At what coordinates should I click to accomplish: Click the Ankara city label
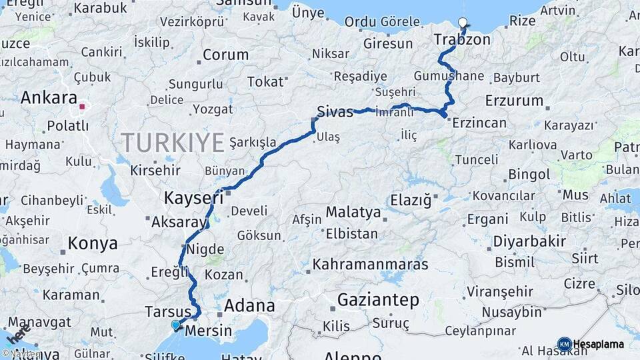49,98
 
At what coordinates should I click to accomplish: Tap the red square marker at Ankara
83,106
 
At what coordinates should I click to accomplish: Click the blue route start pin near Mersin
175,325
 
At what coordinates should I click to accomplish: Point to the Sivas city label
335,112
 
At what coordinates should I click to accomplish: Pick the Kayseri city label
193,197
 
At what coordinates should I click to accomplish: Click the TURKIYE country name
173,143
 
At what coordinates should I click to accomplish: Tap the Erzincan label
479,123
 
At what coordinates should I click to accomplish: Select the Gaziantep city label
378,300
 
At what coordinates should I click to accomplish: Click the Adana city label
250,306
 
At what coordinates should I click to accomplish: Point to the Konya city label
93,244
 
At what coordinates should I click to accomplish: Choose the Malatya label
353,213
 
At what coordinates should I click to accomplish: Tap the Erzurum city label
514,101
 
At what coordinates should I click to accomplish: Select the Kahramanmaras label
370,265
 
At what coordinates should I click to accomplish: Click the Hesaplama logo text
598,344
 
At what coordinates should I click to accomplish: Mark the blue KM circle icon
564,344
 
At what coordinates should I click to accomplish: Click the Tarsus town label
168,311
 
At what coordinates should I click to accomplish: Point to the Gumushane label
449,76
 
